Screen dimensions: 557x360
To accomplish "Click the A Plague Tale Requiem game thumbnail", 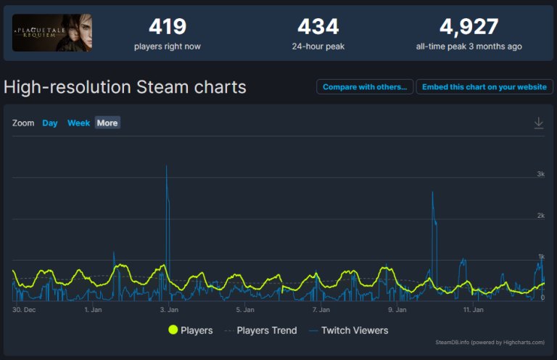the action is coord(52,33).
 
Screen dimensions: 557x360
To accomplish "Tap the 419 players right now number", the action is coord(168,27).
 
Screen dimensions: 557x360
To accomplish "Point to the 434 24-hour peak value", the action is coord(318,27).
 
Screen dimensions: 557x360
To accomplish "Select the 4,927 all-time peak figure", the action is coord(469,27).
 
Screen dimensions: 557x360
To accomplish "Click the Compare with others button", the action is coord(365,86).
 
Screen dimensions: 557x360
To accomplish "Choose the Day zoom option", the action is coord(50,123).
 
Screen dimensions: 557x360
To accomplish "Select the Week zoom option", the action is coord(78,123).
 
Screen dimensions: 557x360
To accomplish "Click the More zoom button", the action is coord(107,123).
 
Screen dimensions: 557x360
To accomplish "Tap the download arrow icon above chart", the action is coord(539,123).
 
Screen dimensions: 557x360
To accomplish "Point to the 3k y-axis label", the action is coord(540,173).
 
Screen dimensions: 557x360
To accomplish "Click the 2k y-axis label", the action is coord(540,216).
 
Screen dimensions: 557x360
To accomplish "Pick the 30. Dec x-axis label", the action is coord(24,310).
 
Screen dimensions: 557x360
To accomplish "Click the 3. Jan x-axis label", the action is coord(169,310).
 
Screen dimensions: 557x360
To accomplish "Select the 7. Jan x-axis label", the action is coord(321,310).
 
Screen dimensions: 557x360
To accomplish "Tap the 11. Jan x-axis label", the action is coord(473,310).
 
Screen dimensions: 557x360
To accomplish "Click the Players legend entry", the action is coord(191,330).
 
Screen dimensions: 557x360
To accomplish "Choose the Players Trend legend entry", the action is coord(261,330).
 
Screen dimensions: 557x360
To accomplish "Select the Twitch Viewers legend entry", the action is coord(348,330).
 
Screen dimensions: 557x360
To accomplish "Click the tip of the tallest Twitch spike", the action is coord(166,165).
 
